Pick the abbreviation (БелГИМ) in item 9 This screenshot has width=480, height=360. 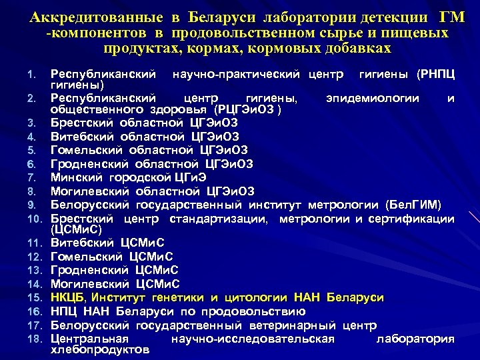[418, 204]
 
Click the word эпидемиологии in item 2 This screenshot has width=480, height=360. [373, 99]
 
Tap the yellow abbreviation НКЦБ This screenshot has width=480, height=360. [69, 297]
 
